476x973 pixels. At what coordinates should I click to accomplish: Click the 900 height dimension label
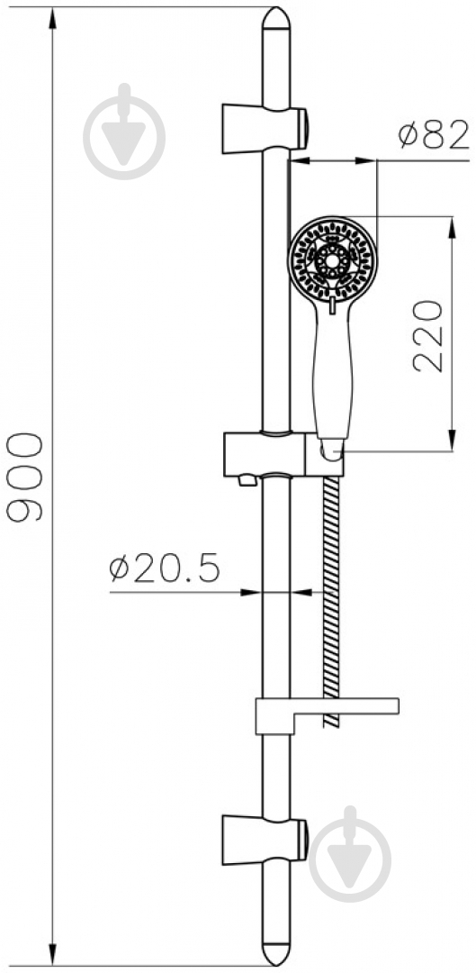tap(25, 477)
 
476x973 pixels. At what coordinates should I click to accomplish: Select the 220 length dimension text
tap(428, 336)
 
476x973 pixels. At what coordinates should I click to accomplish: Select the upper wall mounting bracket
tap(265, 129)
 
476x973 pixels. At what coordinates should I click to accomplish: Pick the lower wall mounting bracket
tap(265, 841)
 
